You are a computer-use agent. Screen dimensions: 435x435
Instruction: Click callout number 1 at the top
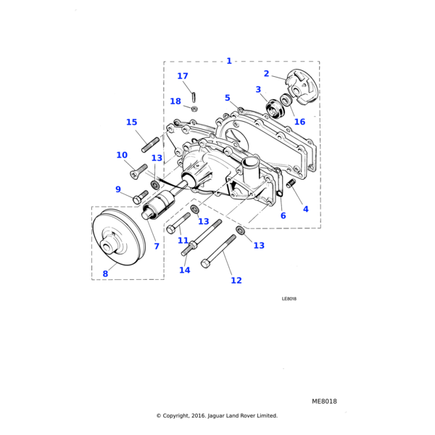pyautogui.click(x=229, y=61)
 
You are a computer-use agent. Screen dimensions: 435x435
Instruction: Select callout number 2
pyautogui.click(x=266, y=74)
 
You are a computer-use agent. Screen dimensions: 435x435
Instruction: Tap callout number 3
pyautogui.click(x=258, y=90)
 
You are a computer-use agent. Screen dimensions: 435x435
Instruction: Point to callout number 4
pyautogui.click(x=305, y=209)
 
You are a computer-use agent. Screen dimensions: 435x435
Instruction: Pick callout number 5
pyautogui.click(x=227, y=98)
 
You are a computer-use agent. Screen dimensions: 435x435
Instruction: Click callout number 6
pyautogui.click(x=283, y=215)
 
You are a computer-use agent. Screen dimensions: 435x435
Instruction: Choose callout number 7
pyautogui.click(x=156, y=246)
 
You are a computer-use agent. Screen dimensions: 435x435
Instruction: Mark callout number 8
pyautogui.click(x=105, y=274)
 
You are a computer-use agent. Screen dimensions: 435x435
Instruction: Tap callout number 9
pyautogui.click(x=118, y=190)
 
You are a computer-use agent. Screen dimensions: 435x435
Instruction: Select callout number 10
pyautogui.click(x=122, y=155)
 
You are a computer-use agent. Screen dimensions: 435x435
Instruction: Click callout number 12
pyautogui.click(x=236, y=281)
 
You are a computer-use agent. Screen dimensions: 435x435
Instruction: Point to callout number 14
pyautogui.click(x=185, y=270)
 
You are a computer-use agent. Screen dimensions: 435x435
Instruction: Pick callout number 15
pyautogui.click(x=131, y=123)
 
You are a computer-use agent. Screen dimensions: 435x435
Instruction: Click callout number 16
pyautogui.click(x=299, y=122)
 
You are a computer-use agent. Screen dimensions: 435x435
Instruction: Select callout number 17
pyautogui.click(x=183, y=76)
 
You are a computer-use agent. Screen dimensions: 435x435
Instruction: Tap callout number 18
pyautogui.click(x=175, y=101)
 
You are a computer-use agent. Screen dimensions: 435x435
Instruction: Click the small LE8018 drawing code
pyautogui.click(x=289, y=299)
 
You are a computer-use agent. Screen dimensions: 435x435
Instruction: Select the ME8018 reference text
pyautogui.click(x=324, y=401)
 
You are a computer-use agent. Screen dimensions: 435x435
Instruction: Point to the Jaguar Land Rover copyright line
pyautogui.click(x=217, y=416)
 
